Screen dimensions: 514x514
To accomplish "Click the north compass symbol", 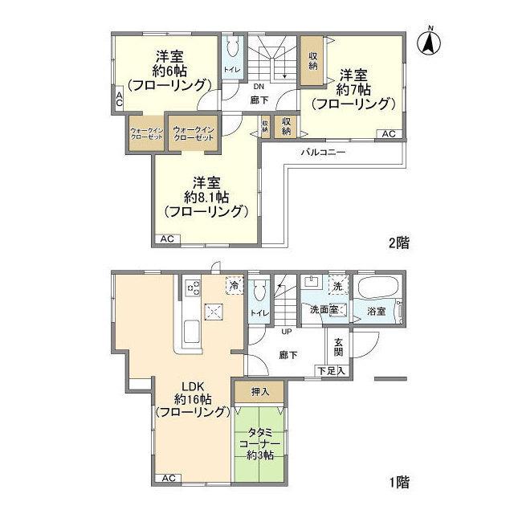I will [430, 42].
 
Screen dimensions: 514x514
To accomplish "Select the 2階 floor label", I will [398, 242].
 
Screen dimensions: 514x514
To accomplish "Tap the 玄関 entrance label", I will [338, 346].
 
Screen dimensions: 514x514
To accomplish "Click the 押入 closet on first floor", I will [259, 391].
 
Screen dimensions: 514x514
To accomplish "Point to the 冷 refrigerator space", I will [234, 286].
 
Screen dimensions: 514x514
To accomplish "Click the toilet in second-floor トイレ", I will [233, 47].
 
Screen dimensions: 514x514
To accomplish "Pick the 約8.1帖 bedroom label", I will [206, 197].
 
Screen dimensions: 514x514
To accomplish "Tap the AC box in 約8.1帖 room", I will [168, 239].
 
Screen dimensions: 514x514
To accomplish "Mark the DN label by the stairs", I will [259, 86].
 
